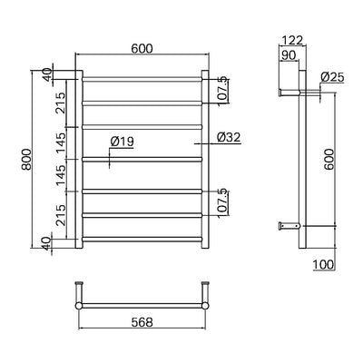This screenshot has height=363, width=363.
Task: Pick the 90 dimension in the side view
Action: [x=289, y=56]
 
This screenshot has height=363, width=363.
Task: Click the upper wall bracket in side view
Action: [x=287, y=91]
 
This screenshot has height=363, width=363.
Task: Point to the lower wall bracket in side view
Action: [x=287, y=224]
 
